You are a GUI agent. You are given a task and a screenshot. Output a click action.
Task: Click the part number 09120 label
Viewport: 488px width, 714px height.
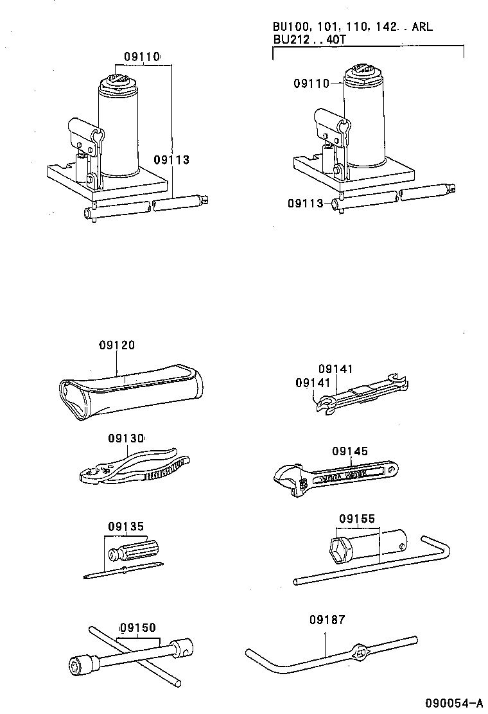[117, 345]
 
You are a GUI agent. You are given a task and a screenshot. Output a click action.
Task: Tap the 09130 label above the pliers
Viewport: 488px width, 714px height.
[126, 439]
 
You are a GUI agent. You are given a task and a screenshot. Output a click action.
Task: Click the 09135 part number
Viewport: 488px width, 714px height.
[126, 526]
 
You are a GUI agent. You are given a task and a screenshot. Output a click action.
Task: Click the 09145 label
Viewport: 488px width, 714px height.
[350, 451]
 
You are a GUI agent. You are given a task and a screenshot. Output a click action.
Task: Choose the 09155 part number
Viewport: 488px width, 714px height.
[357, 518]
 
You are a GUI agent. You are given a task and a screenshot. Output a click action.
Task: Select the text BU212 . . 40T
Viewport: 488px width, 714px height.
[309, 39]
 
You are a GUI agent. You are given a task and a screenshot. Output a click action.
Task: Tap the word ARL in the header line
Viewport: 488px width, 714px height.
[421, 27]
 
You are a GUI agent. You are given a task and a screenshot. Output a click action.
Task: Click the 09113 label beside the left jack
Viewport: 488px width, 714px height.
[171, 160]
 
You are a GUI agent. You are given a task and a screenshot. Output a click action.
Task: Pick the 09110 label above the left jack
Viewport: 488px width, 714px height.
[141, 57]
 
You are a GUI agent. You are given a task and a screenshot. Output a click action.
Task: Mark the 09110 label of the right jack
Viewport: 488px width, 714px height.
[311, 83]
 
